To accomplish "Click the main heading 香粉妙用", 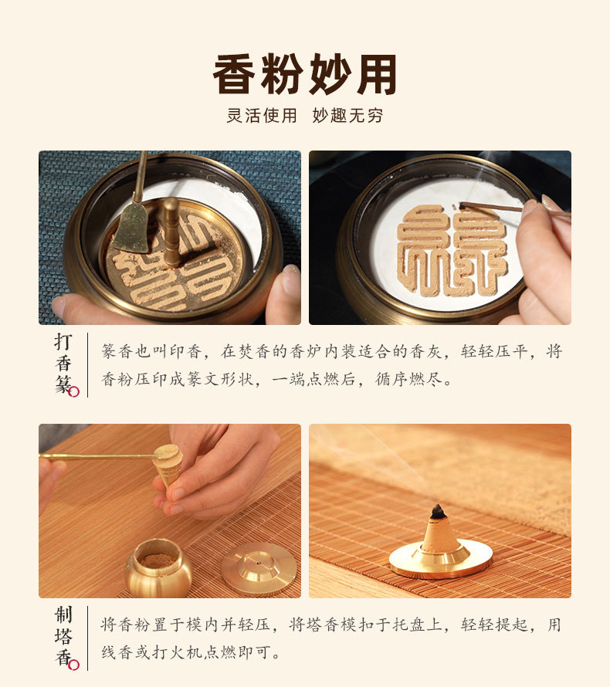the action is pos(305,74).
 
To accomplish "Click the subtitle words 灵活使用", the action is pos(262,116).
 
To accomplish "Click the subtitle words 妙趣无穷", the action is pos(347,116).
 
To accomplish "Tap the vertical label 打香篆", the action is pos(63,364).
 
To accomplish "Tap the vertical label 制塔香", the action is pos(63,637).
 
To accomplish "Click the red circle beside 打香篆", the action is pos(74,391).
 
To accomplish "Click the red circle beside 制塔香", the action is pos(74,665).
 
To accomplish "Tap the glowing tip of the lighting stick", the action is pos(462,205).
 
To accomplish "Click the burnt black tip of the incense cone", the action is pos(438,512).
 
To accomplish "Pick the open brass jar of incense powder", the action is pos(158,567).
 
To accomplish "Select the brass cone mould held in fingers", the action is pos(168,465).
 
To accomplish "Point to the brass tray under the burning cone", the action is pos(441,560).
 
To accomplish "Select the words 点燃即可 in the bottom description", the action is pos(237,652).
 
